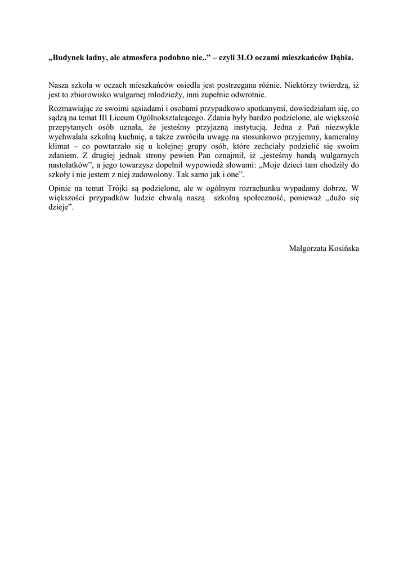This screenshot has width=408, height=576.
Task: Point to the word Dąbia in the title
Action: click(342, 58)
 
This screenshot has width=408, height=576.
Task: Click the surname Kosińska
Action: click(344, 248)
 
